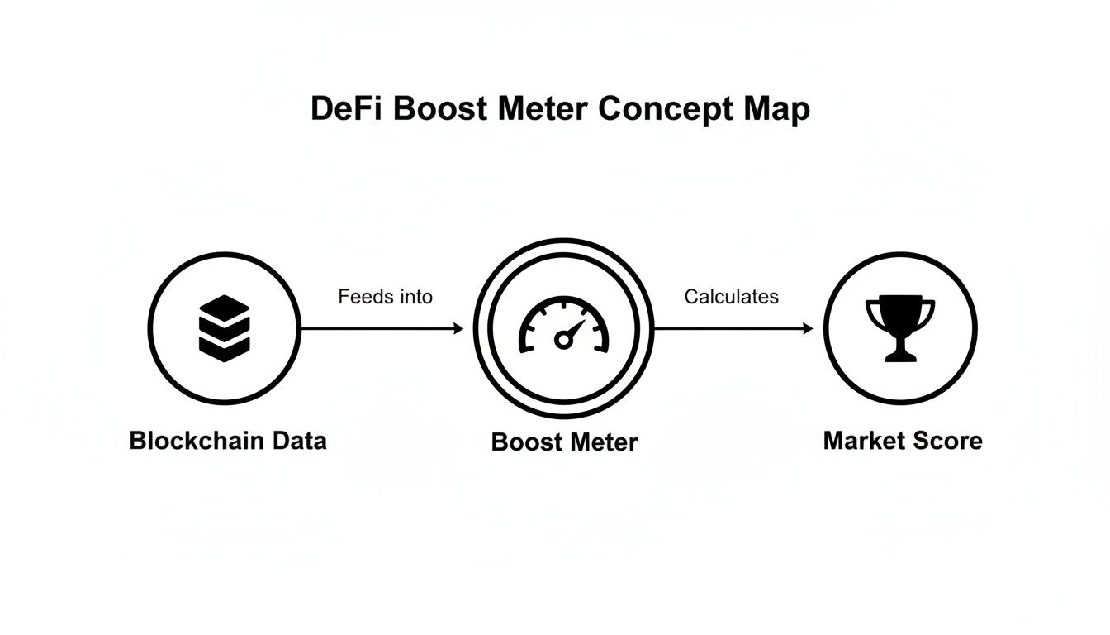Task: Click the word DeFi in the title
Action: [x=347, y=109]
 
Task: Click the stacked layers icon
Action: [x=224, y=328]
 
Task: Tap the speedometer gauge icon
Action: [x=563, y=328]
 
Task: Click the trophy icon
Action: [x=900, y=328]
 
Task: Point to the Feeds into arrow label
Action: [x=385, y=296]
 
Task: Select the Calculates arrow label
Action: [x=731, y=296]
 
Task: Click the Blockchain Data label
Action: [x=228, y=441]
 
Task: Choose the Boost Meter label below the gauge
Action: [x=564, y=442]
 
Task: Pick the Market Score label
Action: [x=903, y=441]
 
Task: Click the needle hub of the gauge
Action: [x=563, y=339]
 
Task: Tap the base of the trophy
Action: [x=900, y=356]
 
